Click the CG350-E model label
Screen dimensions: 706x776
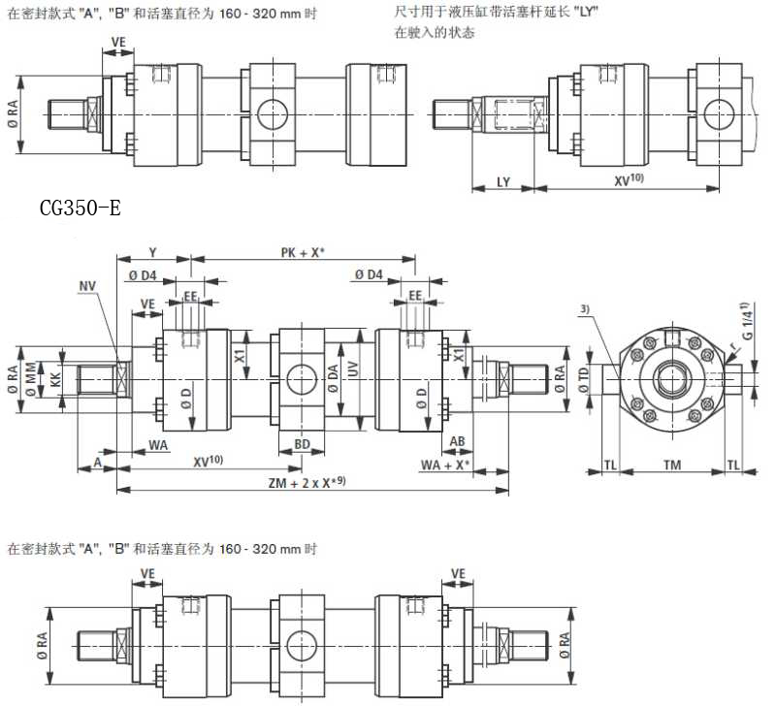(81, 209)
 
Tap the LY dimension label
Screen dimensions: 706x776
(502, 181)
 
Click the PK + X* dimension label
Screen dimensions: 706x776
(302, 253)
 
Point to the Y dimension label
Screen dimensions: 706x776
(152, 254)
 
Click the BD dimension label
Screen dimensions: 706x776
(301, 444)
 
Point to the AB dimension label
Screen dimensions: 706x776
(458, 439)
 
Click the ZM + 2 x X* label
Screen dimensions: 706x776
(306, 482)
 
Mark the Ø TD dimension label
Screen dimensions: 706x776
(583, 379)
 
